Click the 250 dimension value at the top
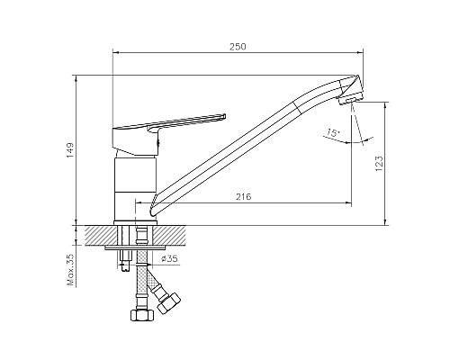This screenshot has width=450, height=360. click(x=238, y=47)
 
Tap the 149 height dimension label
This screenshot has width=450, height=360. click(x=70, y=150)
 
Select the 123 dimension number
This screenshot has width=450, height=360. click(x=379, y=164)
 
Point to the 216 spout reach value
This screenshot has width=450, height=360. click(x=243, y=197)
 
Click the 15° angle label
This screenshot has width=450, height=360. click(x=332, y=132)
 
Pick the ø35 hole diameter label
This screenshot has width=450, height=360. click(x=169, y=259)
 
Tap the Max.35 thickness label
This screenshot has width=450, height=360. click(x=71, y=269)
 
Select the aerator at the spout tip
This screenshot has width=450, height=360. click(x=348, y=101)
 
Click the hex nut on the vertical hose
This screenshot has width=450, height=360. click(x=142, y=315)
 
